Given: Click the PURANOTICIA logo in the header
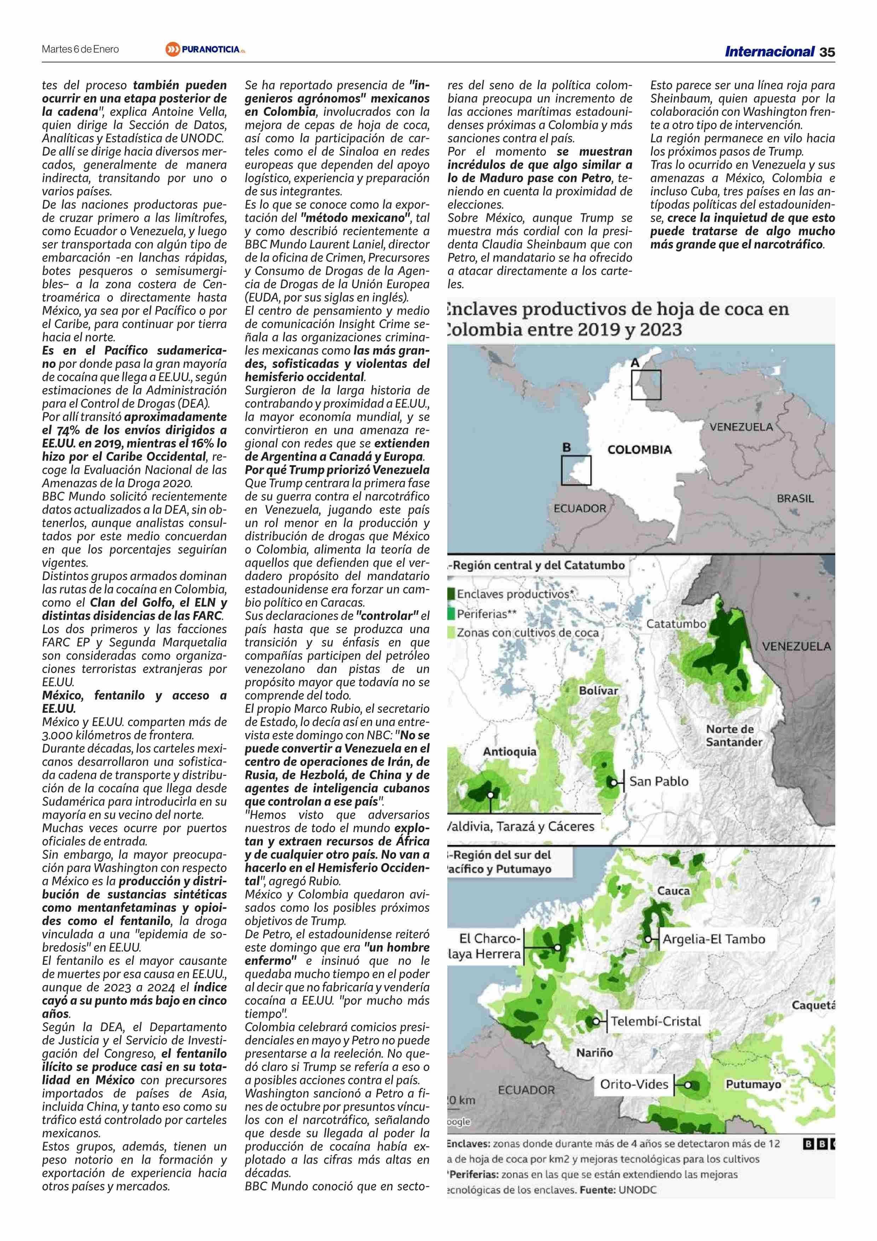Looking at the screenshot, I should tap(206, 49).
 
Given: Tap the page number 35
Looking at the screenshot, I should tap(827, 52).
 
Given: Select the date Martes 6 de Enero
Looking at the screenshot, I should tap(81, 49).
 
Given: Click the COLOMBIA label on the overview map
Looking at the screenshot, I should tap(639, 450).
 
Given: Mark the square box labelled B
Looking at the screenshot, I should tap(576, 470).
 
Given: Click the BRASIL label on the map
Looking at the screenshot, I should tap(795, 498).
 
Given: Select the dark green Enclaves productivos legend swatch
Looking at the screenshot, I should tap(451, 594).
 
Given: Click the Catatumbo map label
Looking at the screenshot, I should tap(676, 624).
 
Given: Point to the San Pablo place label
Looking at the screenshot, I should tap(659, 781).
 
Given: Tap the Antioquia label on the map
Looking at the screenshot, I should tap(510, 751).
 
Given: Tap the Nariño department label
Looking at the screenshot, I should tap(594, 1052).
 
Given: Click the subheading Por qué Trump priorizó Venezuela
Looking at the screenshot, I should tap(337, 470).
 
